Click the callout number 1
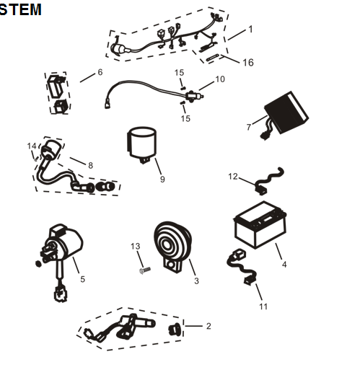250,30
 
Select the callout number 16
247,63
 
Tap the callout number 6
100,72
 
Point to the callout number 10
220,79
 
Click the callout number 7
248,128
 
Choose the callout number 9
162,180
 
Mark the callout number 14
32,146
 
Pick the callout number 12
232,176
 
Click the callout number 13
135,247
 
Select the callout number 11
263,306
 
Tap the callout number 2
208,326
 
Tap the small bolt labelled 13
142,272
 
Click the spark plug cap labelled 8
51,153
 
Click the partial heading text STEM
20,9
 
